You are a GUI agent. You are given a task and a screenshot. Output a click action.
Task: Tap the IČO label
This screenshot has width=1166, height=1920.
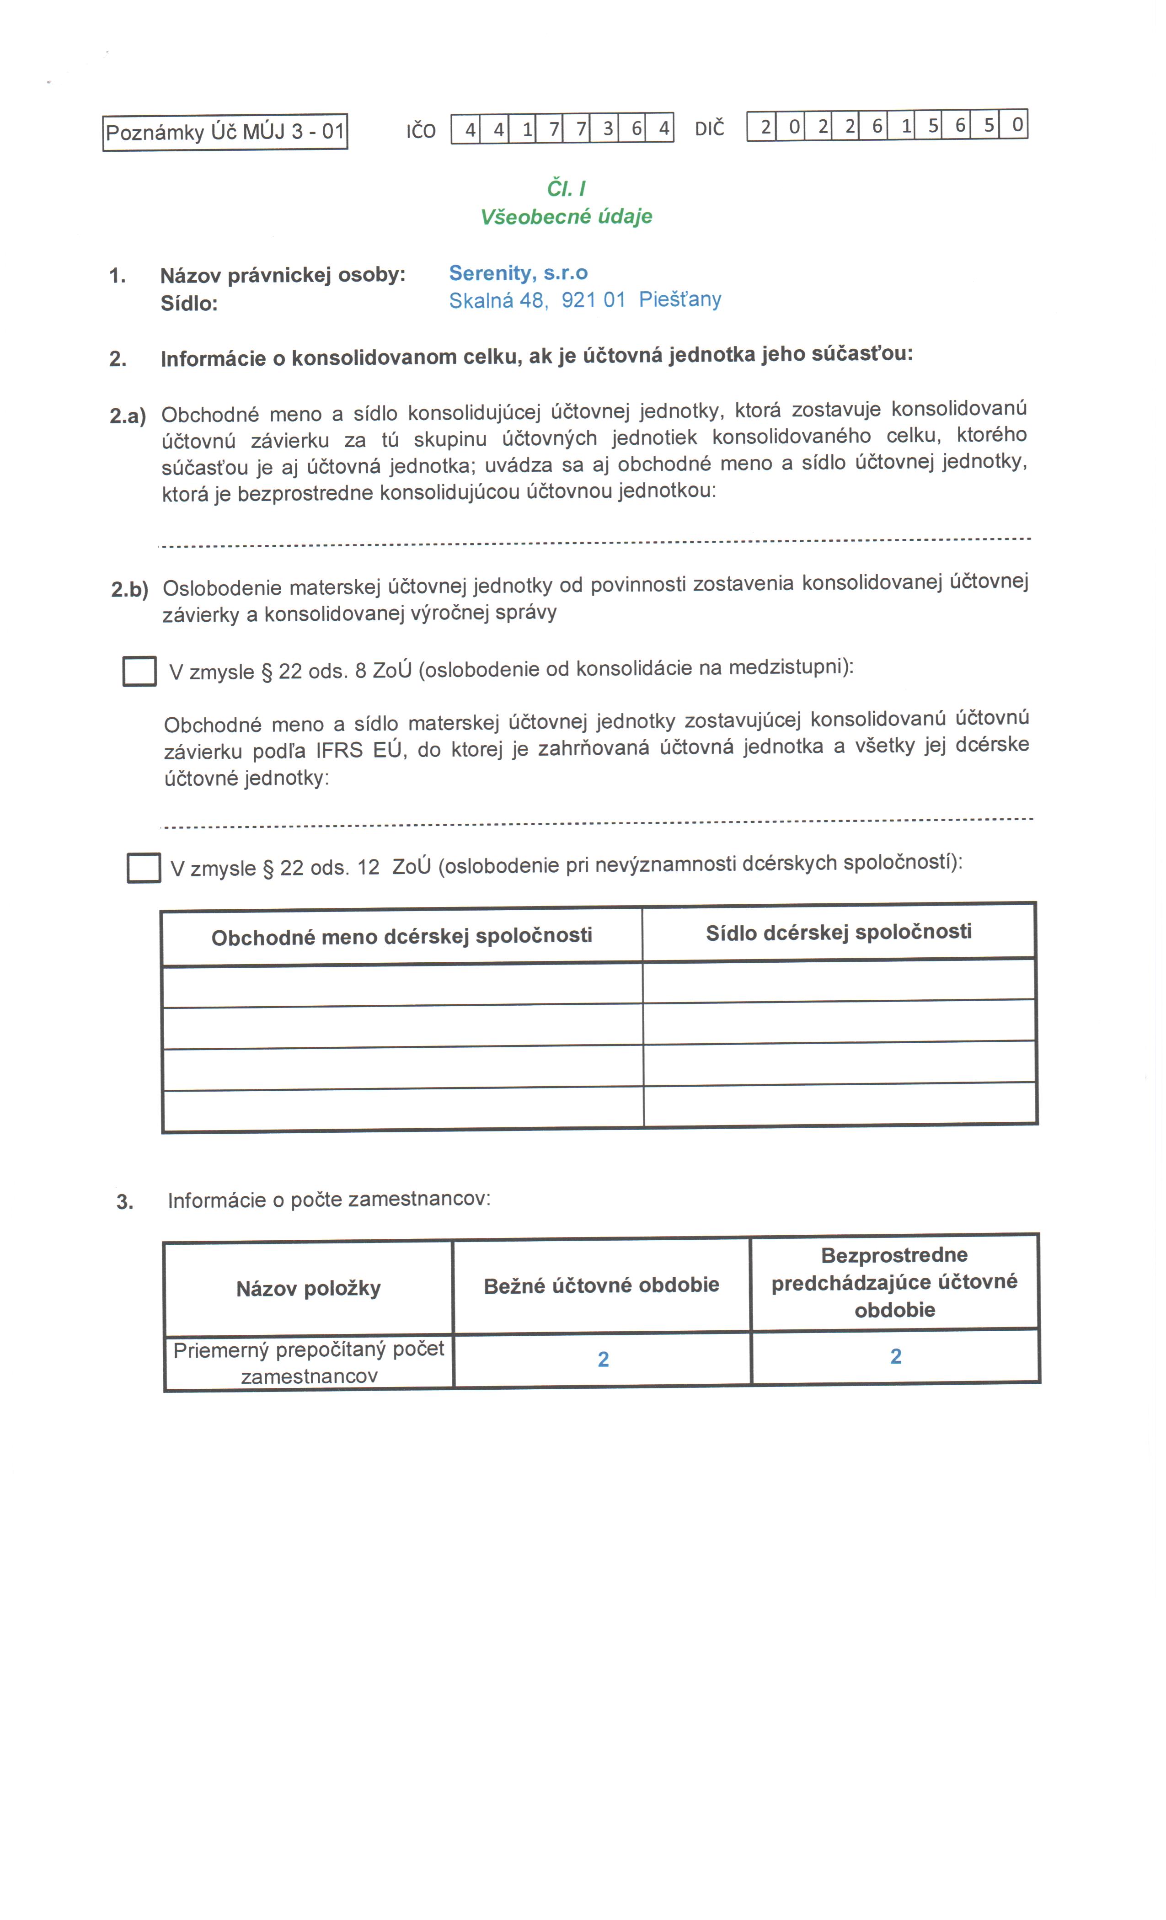421,131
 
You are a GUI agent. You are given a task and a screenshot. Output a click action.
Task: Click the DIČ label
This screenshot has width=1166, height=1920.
709,128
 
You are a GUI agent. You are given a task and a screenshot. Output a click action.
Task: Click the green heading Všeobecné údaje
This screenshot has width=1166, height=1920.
566,217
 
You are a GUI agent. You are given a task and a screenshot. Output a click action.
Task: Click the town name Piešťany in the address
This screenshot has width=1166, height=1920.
679,299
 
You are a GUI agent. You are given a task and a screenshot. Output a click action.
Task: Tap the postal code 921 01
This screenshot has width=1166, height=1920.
593,300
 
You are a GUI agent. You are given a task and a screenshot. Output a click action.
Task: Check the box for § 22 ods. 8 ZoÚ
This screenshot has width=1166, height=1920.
139,672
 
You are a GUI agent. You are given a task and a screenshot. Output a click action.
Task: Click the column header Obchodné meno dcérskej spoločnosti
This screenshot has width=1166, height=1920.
401,936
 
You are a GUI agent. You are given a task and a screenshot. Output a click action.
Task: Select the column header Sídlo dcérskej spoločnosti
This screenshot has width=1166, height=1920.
839,932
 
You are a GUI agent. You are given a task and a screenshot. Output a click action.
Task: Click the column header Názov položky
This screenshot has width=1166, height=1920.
309,1288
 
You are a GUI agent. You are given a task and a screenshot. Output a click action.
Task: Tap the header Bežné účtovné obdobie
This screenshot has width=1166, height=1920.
601,1285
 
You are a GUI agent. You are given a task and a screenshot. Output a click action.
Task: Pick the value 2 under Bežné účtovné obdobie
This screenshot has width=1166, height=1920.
603,1359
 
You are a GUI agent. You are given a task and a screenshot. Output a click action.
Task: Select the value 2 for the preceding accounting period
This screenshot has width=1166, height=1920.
896,1356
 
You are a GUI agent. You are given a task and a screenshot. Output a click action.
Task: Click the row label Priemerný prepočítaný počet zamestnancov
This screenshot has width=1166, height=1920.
309,1362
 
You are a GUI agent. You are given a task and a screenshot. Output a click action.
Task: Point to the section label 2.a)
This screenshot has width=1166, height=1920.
128,416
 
